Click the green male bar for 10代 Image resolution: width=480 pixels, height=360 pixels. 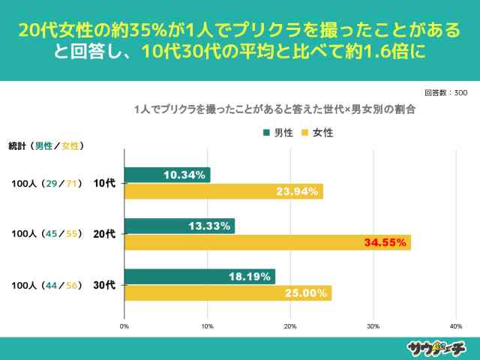166,175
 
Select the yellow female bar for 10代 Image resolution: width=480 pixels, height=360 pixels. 223,191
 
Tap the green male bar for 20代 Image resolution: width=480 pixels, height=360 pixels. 179,226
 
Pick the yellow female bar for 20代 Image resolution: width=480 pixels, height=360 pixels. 267,242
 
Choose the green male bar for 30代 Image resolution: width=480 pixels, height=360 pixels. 199,277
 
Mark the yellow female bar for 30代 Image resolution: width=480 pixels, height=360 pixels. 227,293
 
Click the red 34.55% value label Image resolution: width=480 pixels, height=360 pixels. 385,242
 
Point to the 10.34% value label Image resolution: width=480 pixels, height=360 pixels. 184,175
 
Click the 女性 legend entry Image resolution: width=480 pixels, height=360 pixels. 316,133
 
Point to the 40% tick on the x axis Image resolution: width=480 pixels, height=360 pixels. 455,326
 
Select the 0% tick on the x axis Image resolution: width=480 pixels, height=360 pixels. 124,326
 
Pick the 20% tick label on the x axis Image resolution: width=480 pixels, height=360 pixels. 290,326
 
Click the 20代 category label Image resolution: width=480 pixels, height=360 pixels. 103,234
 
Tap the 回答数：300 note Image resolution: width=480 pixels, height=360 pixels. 445,93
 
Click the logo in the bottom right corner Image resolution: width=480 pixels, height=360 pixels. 436,347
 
